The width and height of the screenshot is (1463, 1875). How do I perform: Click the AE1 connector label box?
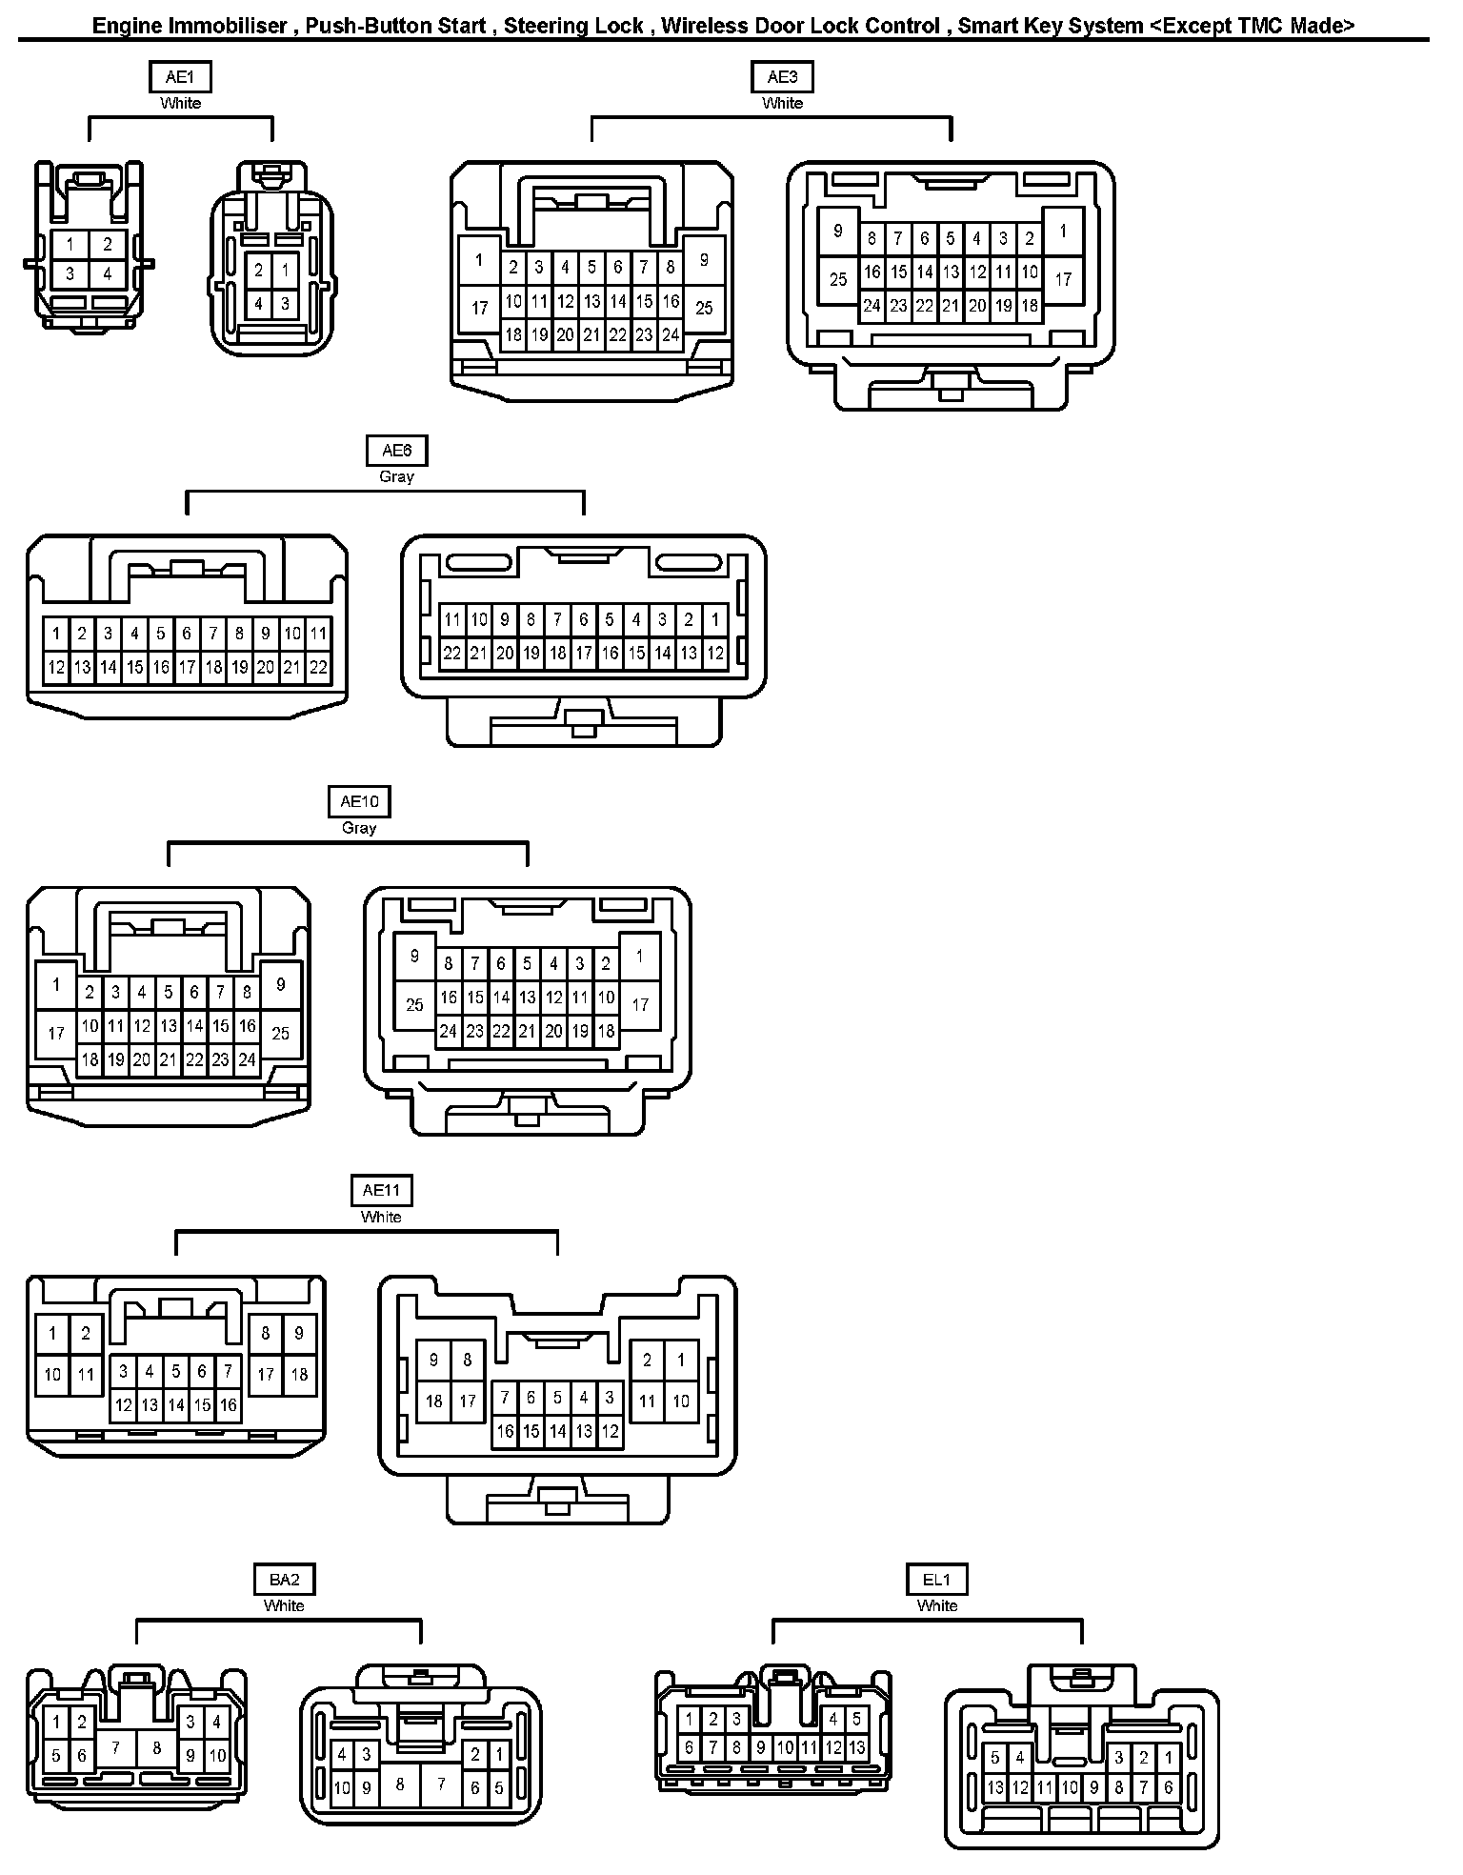[x=180, y=77]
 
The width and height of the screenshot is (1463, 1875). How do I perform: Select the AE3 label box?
[x=782, y=77]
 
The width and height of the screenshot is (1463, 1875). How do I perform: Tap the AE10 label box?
[x=359, y=801]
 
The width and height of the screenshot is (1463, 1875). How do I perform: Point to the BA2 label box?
[x=284, y=1580]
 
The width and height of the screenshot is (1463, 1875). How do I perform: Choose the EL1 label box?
[x=936, y=1580]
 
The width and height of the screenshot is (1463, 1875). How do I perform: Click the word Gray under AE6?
[x=396, y=476]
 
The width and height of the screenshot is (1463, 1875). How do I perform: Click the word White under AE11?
[x=381, y=1217]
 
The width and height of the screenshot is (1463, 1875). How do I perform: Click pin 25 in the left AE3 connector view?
[x=704, y=308]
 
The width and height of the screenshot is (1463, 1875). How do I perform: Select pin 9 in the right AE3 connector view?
[x=838, y=232]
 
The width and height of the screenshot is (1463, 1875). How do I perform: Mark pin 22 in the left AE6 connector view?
[x=318, y=668]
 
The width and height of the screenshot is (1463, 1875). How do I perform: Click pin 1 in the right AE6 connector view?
[x=715, y=619]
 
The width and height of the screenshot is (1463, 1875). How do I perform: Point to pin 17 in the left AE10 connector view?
[x=56, y=1032]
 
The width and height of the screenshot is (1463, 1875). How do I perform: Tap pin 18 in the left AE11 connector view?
[x=299, y=1374]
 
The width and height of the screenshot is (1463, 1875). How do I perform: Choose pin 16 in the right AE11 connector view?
[x=505, y=1431]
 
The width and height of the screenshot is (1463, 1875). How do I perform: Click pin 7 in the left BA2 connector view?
[x=116, y=1747]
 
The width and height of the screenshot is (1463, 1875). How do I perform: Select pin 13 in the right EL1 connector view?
[x=995, y=1787]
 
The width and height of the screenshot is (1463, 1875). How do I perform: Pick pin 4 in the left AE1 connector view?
[x=108, y=274]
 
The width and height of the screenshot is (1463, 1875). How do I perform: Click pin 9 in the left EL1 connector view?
[x=760, y=1747]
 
